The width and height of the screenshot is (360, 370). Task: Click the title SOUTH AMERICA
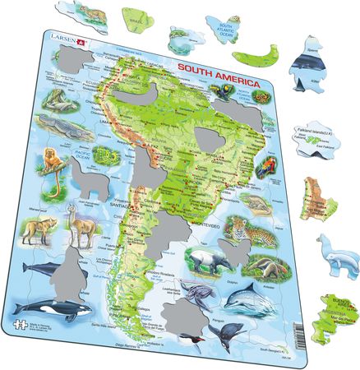click(x=216, y=85)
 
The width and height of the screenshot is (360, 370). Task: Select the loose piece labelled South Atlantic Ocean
click(x=226, y=30)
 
